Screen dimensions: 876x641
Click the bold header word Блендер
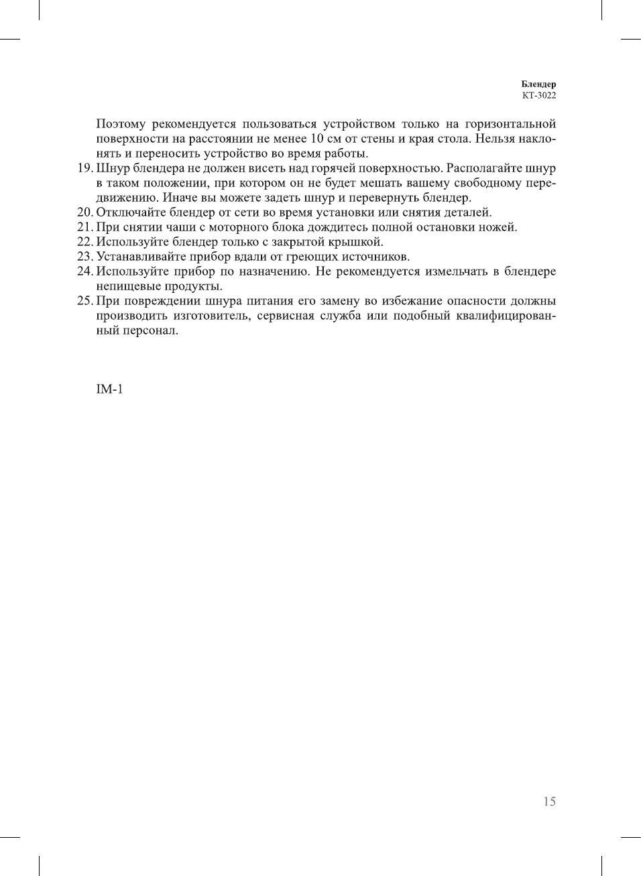tap(538, 84)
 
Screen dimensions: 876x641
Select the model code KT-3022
tap(539, 95)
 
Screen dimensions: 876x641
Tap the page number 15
tap(549, 802)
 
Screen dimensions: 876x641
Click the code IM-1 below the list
tap(109, 389)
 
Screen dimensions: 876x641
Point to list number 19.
tap(84, 168)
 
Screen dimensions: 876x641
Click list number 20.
tap(84, 212)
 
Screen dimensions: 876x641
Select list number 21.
tap(84, 227)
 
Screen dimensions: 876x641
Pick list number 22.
tap(84, 242)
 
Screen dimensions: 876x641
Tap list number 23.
tap(84, 257)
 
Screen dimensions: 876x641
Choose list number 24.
tap(84, 271)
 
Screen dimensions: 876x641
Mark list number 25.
tap(84, 301)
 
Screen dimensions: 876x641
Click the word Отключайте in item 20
tap(131, 212)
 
